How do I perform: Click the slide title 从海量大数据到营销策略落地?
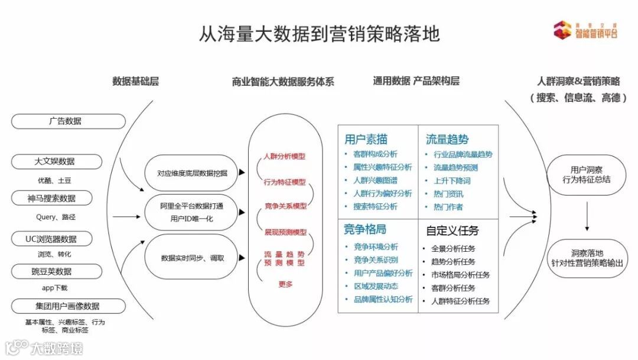[x=319, y=34]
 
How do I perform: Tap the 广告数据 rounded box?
[x=69, y=121]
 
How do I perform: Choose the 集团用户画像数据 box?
[x=69, y=306]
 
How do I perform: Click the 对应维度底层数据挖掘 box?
[x=192, y=173]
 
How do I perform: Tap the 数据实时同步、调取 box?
[x=192, y=258]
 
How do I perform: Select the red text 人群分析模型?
[x=285, y=157]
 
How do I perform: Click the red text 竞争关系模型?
[x=286, y=206]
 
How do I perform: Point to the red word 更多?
[x=285, y=284]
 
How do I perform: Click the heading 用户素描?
[x=366, y=140]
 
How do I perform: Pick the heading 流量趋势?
[x=447, y=140]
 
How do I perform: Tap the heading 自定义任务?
[x=452, y=231]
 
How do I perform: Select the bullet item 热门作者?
[x=447, y=207]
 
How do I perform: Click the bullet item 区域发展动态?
[x=376, y=286]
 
